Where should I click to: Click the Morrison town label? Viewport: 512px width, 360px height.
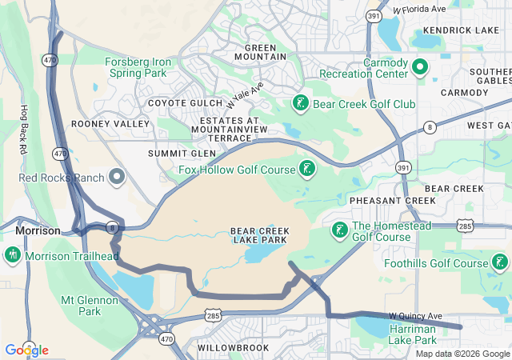click(38, 230)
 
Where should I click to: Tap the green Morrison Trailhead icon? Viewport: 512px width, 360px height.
click(12, 255)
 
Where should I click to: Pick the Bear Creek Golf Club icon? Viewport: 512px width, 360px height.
click(300, 103)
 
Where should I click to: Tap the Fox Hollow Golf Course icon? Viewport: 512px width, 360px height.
click(306, 169)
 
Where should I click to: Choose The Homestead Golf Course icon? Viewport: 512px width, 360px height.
click(338, 230)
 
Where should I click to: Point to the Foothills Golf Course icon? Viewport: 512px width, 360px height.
click(500, 262)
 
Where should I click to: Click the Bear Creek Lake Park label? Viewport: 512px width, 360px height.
click(260, 236)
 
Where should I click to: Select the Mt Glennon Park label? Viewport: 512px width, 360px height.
click(90, 306)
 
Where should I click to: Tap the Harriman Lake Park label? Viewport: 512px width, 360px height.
click(423, 334)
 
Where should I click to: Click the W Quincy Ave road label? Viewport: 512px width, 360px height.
click(415, 316)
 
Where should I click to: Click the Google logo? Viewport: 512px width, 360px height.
click(26, 350)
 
